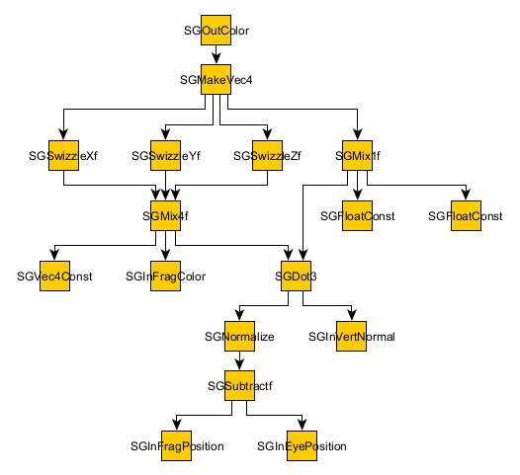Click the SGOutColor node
[217, 31]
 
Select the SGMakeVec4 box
[217, 79]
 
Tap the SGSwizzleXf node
[64, 156]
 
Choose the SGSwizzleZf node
[267, 156]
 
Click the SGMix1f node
[356, 156]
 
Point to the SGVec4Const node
[53, 277]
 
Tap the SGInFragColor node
[165, 277]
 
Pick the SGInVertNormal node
[351, 337]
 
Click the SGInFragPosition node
[177, 446]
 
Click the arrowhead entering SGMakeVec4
[217, 59]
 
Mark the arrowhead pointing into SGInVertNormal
[351, 317]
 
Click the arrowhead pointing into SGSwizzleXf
[64, 136]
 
